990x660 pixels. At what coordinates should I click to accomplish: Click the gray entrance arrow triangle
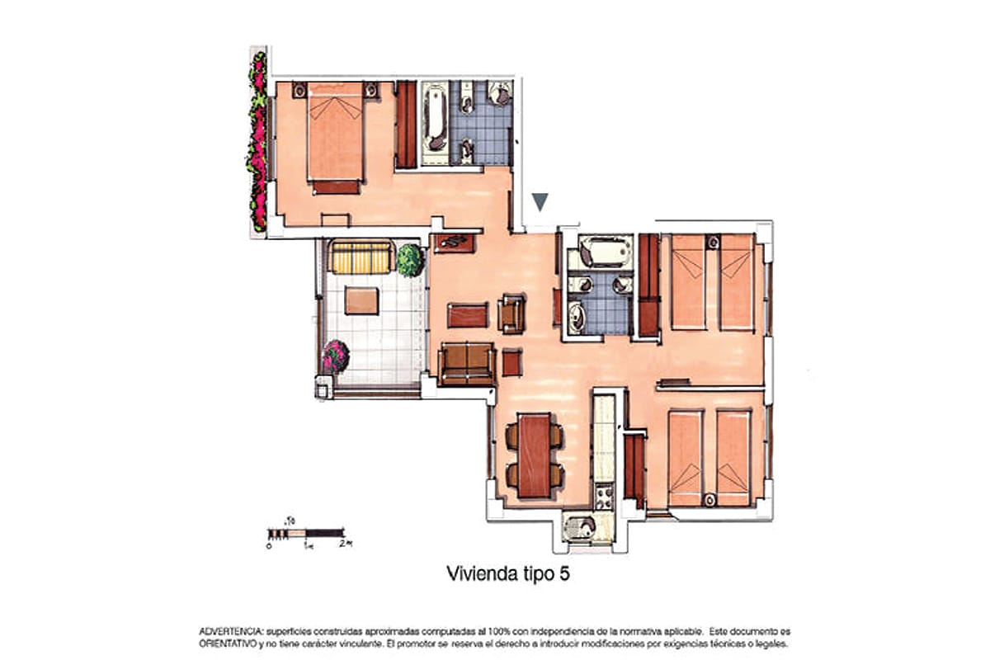click(540, 201)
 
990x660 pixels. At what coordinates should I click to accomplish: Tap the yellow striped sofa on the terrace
click(361, 257)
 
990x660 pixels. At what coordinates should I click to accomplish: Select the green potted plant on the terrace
click(410, 260)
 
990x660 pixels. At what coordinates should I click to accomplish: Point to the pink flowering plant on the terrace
click(336, 356)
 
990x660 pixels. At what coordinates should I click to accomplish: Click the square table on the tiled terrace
click(362, 300)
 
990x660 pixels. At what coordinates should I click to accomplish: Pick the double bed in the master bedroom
click(336, 138)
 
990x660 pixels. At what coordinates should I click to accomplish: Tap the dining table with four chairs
click(535, 455)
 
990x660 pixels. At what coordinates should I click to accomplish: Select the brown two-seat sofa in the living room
click(467, 364)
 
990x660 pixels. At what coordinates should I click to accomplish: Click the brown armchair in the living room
click(511, 313)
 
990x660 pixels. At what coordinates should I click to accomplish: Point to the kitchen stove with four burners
click(604, 497)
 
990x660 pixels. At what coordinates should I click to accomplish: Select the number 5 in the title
click(564, 574)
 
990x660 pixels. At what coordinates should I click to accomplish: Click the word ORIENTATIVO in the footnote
click(228, 643)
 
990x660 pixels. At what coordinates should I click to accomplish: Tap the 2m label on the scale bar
click(346, 544)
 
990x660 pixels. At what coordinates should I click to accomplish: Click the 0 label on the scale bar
click(269, 545)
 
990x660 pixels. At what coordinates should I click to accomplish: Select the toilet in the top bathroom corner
click(500, 93)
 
